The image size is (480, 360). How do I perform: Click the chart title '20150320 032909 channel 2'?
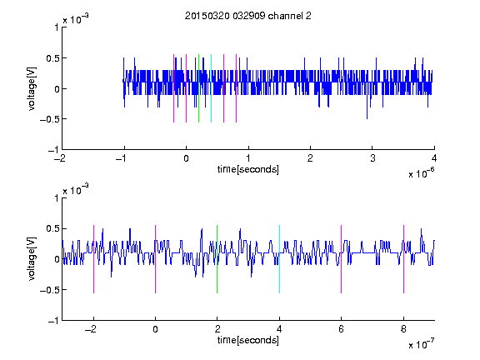[248, 16]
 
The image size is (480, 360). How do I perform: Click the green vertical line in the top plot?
[198, 88]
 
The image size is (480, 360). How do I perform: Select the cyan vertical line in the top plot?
[211, 88]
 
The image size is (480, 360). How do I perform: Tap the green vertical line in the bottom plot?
[217, 259]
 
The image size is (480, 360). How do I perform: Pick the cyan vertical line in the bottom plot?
[279, 259]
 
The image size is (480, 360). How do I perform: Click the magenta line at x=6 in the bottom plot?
[342, 259]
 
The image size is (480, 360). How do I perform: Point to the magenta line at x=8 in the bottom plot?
[404, 259]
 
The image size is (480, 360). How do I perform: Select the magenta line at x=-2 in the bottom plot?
[93, 259]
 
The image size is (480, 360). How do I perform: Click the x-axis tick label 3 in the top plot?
[372, 158]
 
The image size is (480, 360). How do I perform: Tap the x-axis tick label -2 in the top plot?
[59, 158]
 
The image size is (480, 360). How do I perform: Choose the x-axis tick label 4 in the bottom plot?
[279, 329]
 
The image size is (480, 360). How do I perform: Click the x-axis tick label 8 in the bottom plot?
[403, 329]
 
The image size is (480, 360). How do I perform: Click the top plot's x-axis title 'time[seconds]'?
[248, 169]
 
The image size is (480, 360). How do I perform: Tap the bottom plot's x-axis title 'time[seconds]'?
[248, 340]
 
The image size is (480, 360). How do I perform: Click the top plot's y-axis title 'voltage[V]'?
[32, 88]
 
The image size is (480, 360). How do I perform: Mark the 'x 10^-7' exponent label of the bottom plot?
[421, 344]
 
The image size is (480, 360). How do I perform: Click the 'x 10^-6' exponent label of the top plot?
[421, 173]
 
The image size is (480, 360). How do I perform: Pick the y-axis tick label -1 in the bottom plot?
[53, 321]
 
